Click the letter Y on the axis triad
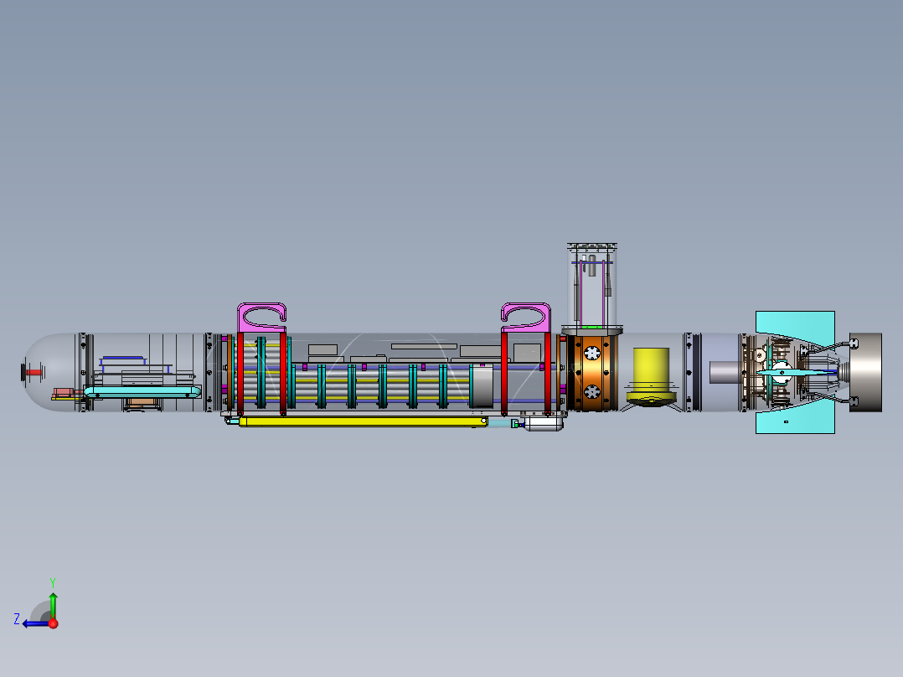[x=52, y=581]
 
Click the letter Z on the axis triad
[x=17, y=619]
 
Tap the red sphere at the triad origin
[x=53, y=623]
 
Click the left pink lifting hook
[x=261, y=315]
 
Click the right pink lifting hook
[x=525, y=315]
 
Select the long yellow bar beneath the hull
[x=360, y=421]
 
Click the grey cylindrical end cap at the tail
[x=867, y=371]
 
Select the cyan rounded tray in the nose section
[x=142, y=392]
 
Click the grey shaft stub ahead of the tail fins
[x=725, y=371]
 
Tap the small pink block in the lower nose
[x=63, y=392]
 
